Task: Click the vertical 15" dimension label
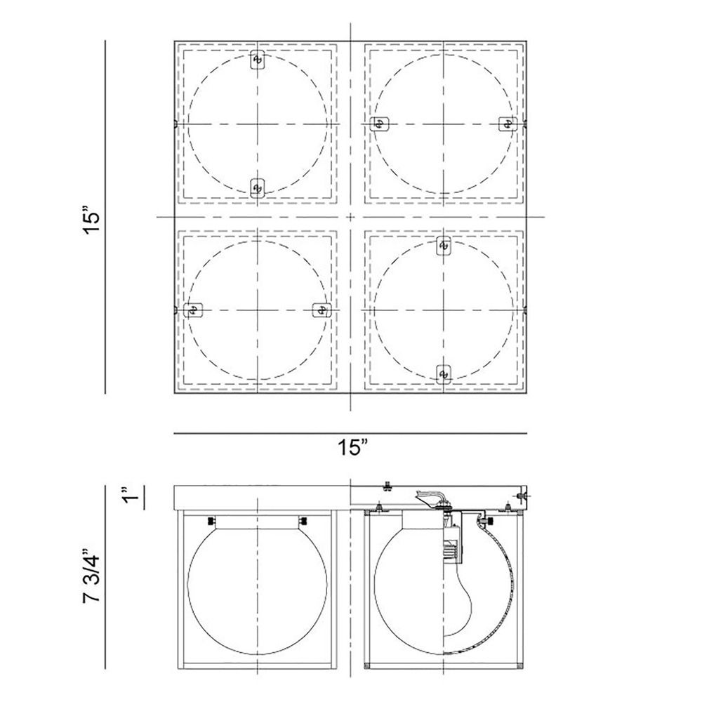(90, 219)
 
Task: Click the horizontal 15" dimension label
(352, 447)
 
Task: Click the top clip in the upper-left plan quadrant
(258, 60)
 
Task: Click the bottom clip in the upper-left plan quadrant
(256, 188)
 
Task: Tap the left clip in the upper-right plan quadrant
(380, 124)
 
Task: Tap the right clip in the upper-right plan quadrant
(508, 124)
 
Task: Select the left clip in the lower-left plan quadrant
(194, 310)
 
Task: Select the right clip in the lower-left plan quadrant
(322, 310)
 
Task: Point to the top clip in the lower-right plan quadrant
(444, 246)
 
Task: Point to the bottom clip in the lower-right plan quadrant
(444, 374)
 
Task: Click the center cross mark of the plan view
(350, 217)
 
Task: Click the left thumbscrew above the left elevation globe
(211, 521)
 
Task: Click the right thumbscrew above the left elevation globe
(303, 521)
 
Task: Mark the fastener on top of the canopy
(388, 485)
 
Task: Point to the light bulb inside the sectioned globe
(458, 597)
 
